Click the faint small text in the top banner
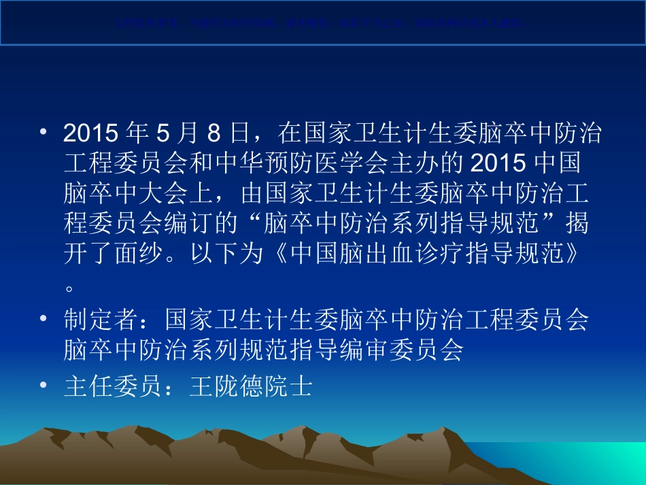[322, 22]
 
